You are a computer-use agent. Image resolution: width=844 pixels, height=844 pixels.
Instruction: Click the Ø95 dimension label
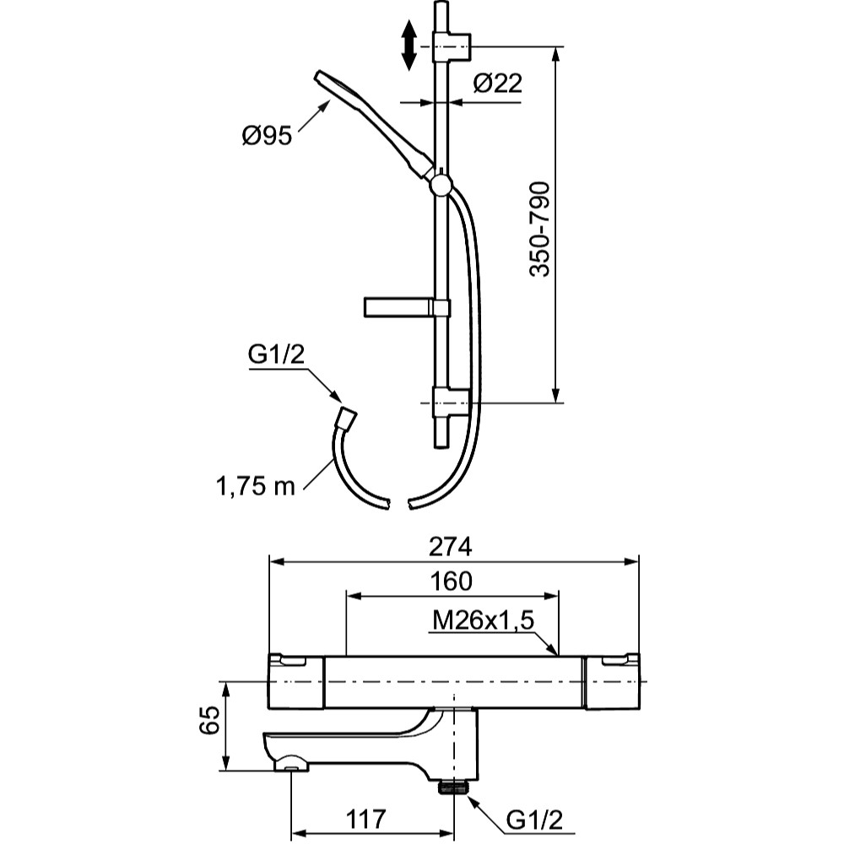(x=266, y=135)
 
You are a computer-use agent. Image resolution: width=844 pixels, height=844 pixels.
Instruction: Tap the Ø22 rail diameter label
(x=498, y=83)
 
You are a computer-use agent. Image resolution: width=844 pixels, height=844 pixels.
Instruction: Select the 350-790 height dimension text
(x=540, y=228)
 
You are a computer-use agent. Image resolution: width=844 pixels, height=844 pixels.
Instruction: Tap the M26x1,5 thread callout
(x=484, y=621)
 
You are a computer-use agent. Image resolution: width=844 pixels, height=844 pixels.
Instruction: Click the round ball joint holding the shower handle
(x=440, y=185)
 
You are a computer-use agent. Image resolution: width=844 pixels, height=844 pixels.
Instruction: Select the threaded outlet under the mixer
(x=454, y=787)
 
